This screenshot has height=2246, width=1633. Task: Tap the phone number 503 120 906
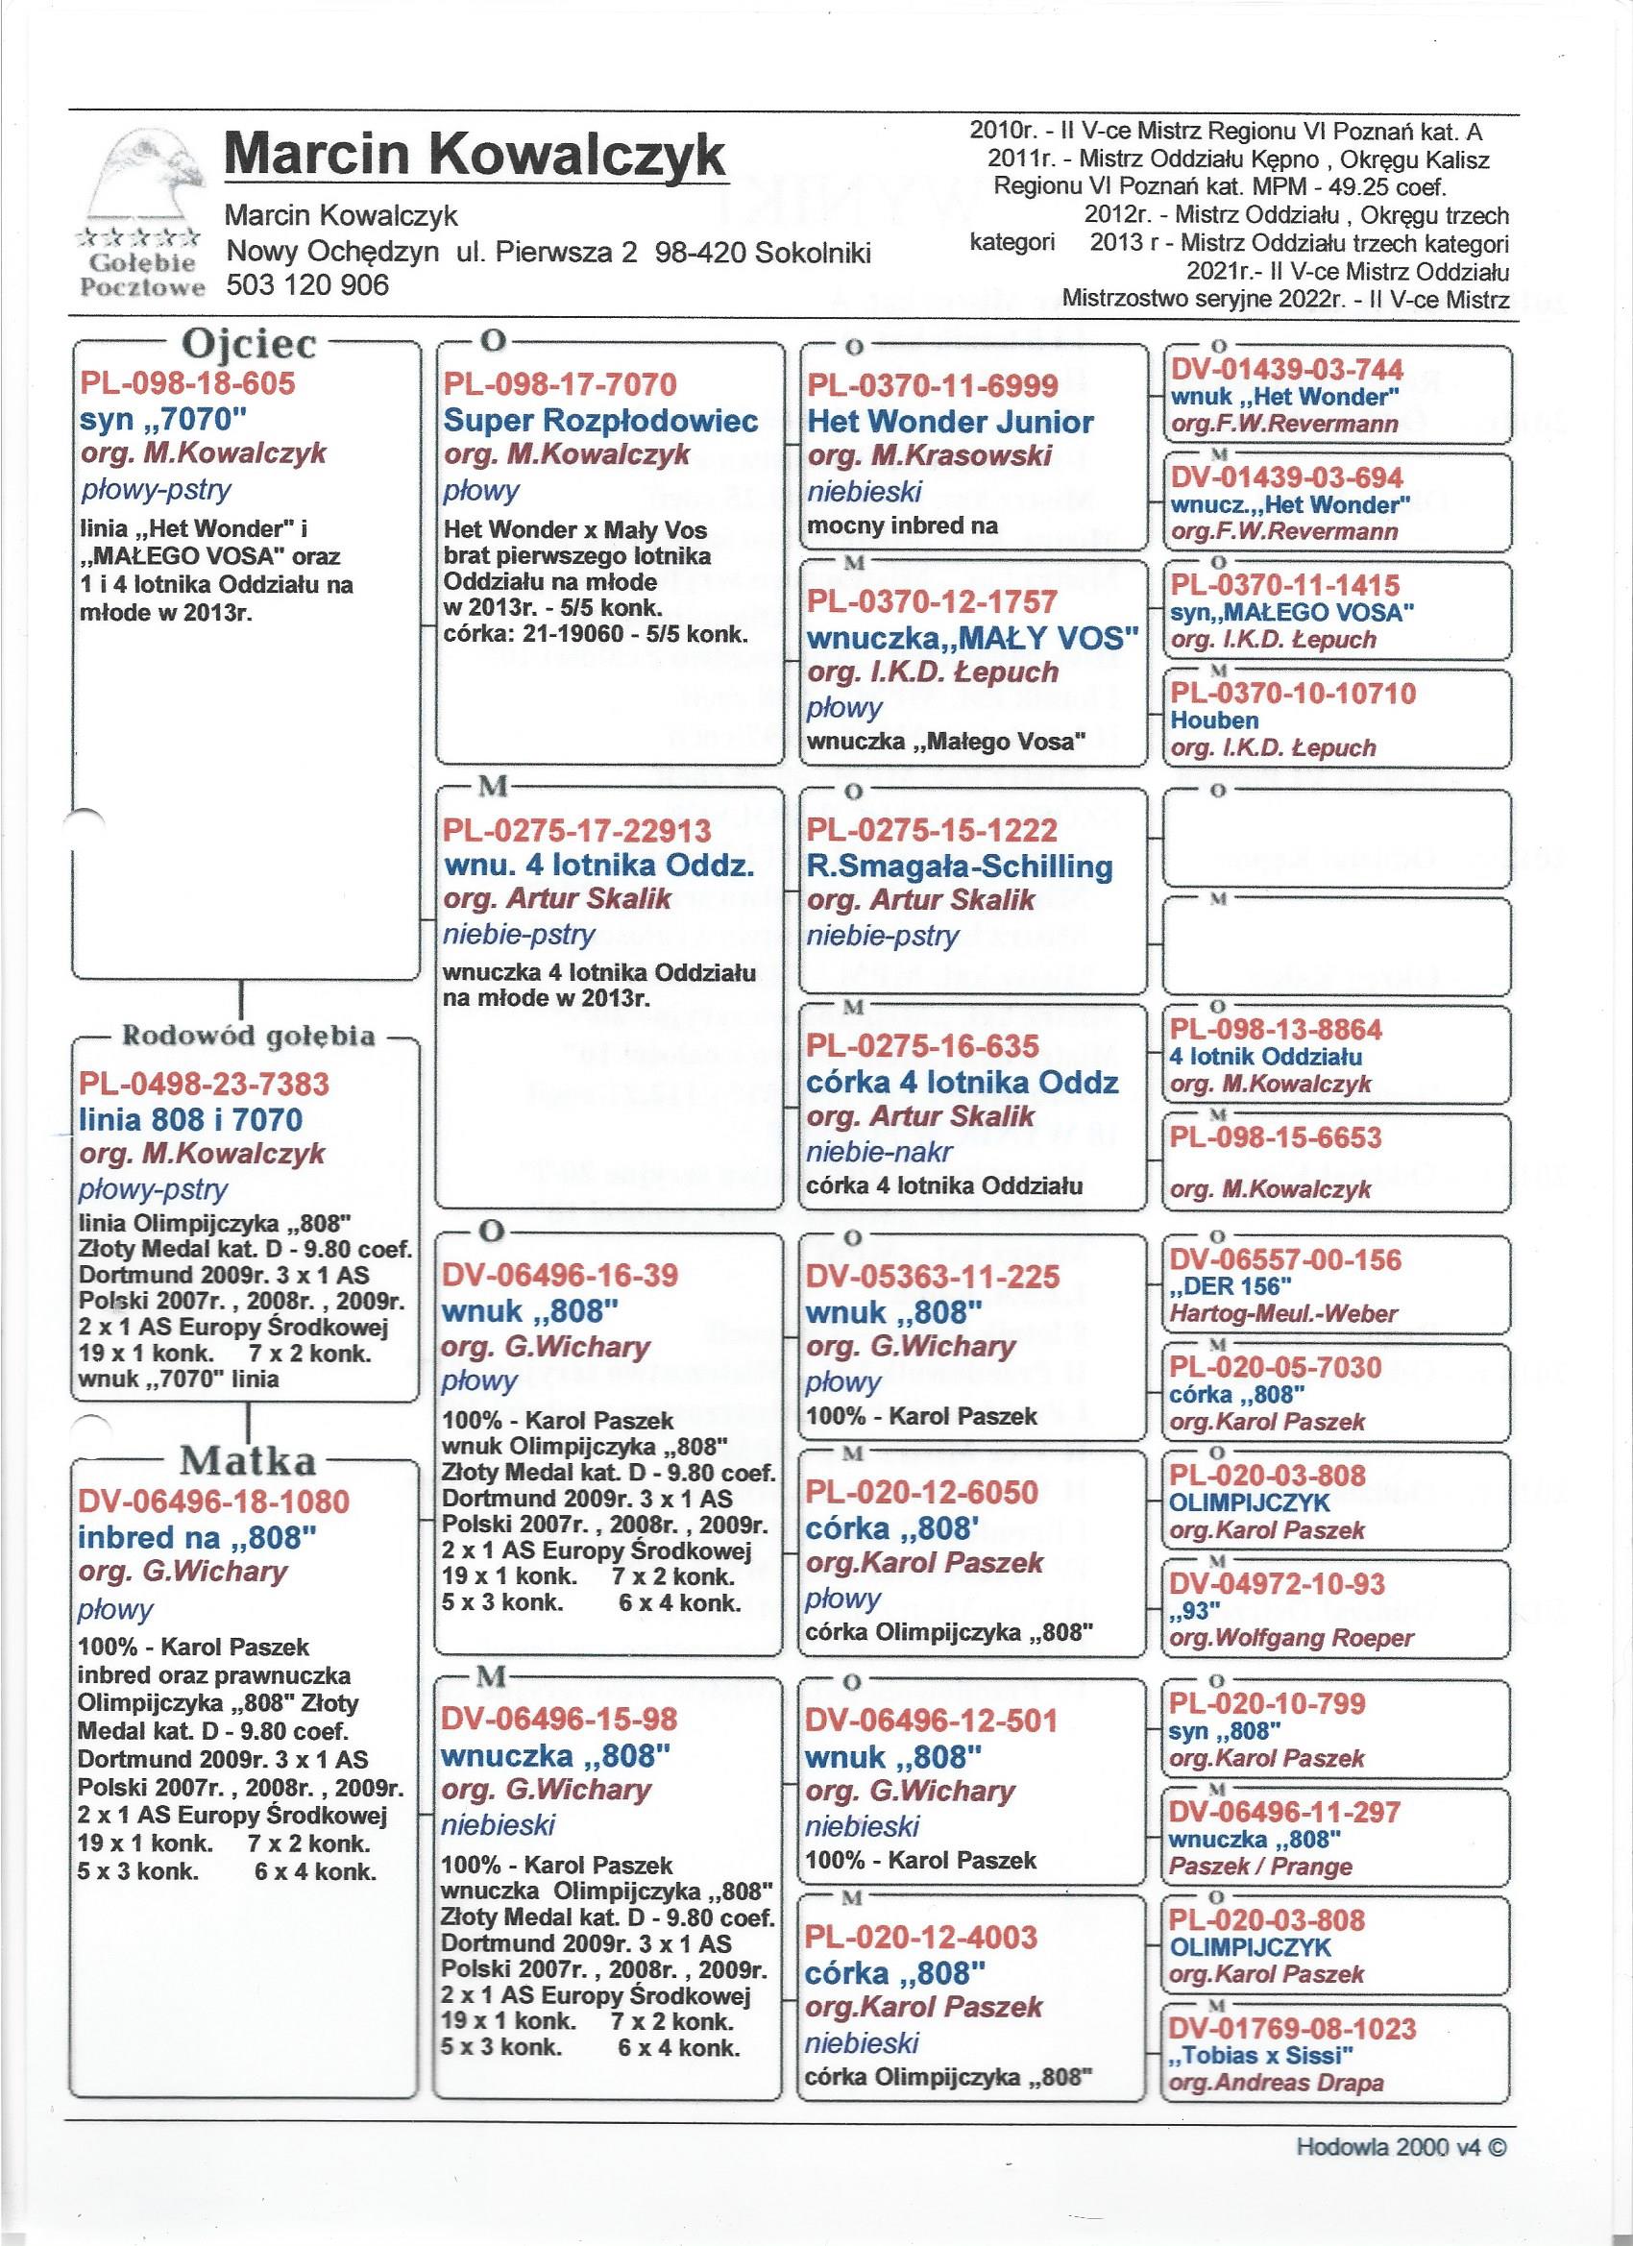pyautogui.click(x=308, y=285)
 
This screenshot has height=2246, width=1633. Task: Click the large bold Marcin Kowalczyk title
pyautogui.click(x=475, y=156)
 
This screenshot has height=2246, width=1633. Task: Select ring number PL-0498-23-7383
pyautogui.click(x=203, y=1084)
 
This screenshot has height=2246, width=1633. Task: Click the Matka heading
pyautogui.click(x=248, y=1462)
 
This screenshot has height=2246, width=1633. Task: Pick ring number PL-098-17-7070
pyautogui.click(x=559, y=384)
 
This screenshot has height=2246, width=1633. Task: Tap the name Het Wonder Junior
pyautogui.click(x=951, y=422)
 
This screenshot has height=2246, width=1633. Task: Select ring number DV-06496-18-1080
pyautogui.click(x=214, y=1501)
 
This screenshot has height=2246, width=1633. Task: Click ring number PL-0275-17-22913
pyautogui.click(x=577, y=829)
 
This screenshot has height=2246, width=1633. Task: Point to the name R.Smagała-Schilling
pyautogui.click(x=961, y=867)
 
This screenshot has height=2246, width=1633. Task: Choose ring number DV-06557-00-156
pyautogui.click(x=1285, y=1259)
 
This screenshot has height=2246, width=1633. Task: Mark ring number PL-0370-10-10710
pyautogui.click(x=1292, y=694)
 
